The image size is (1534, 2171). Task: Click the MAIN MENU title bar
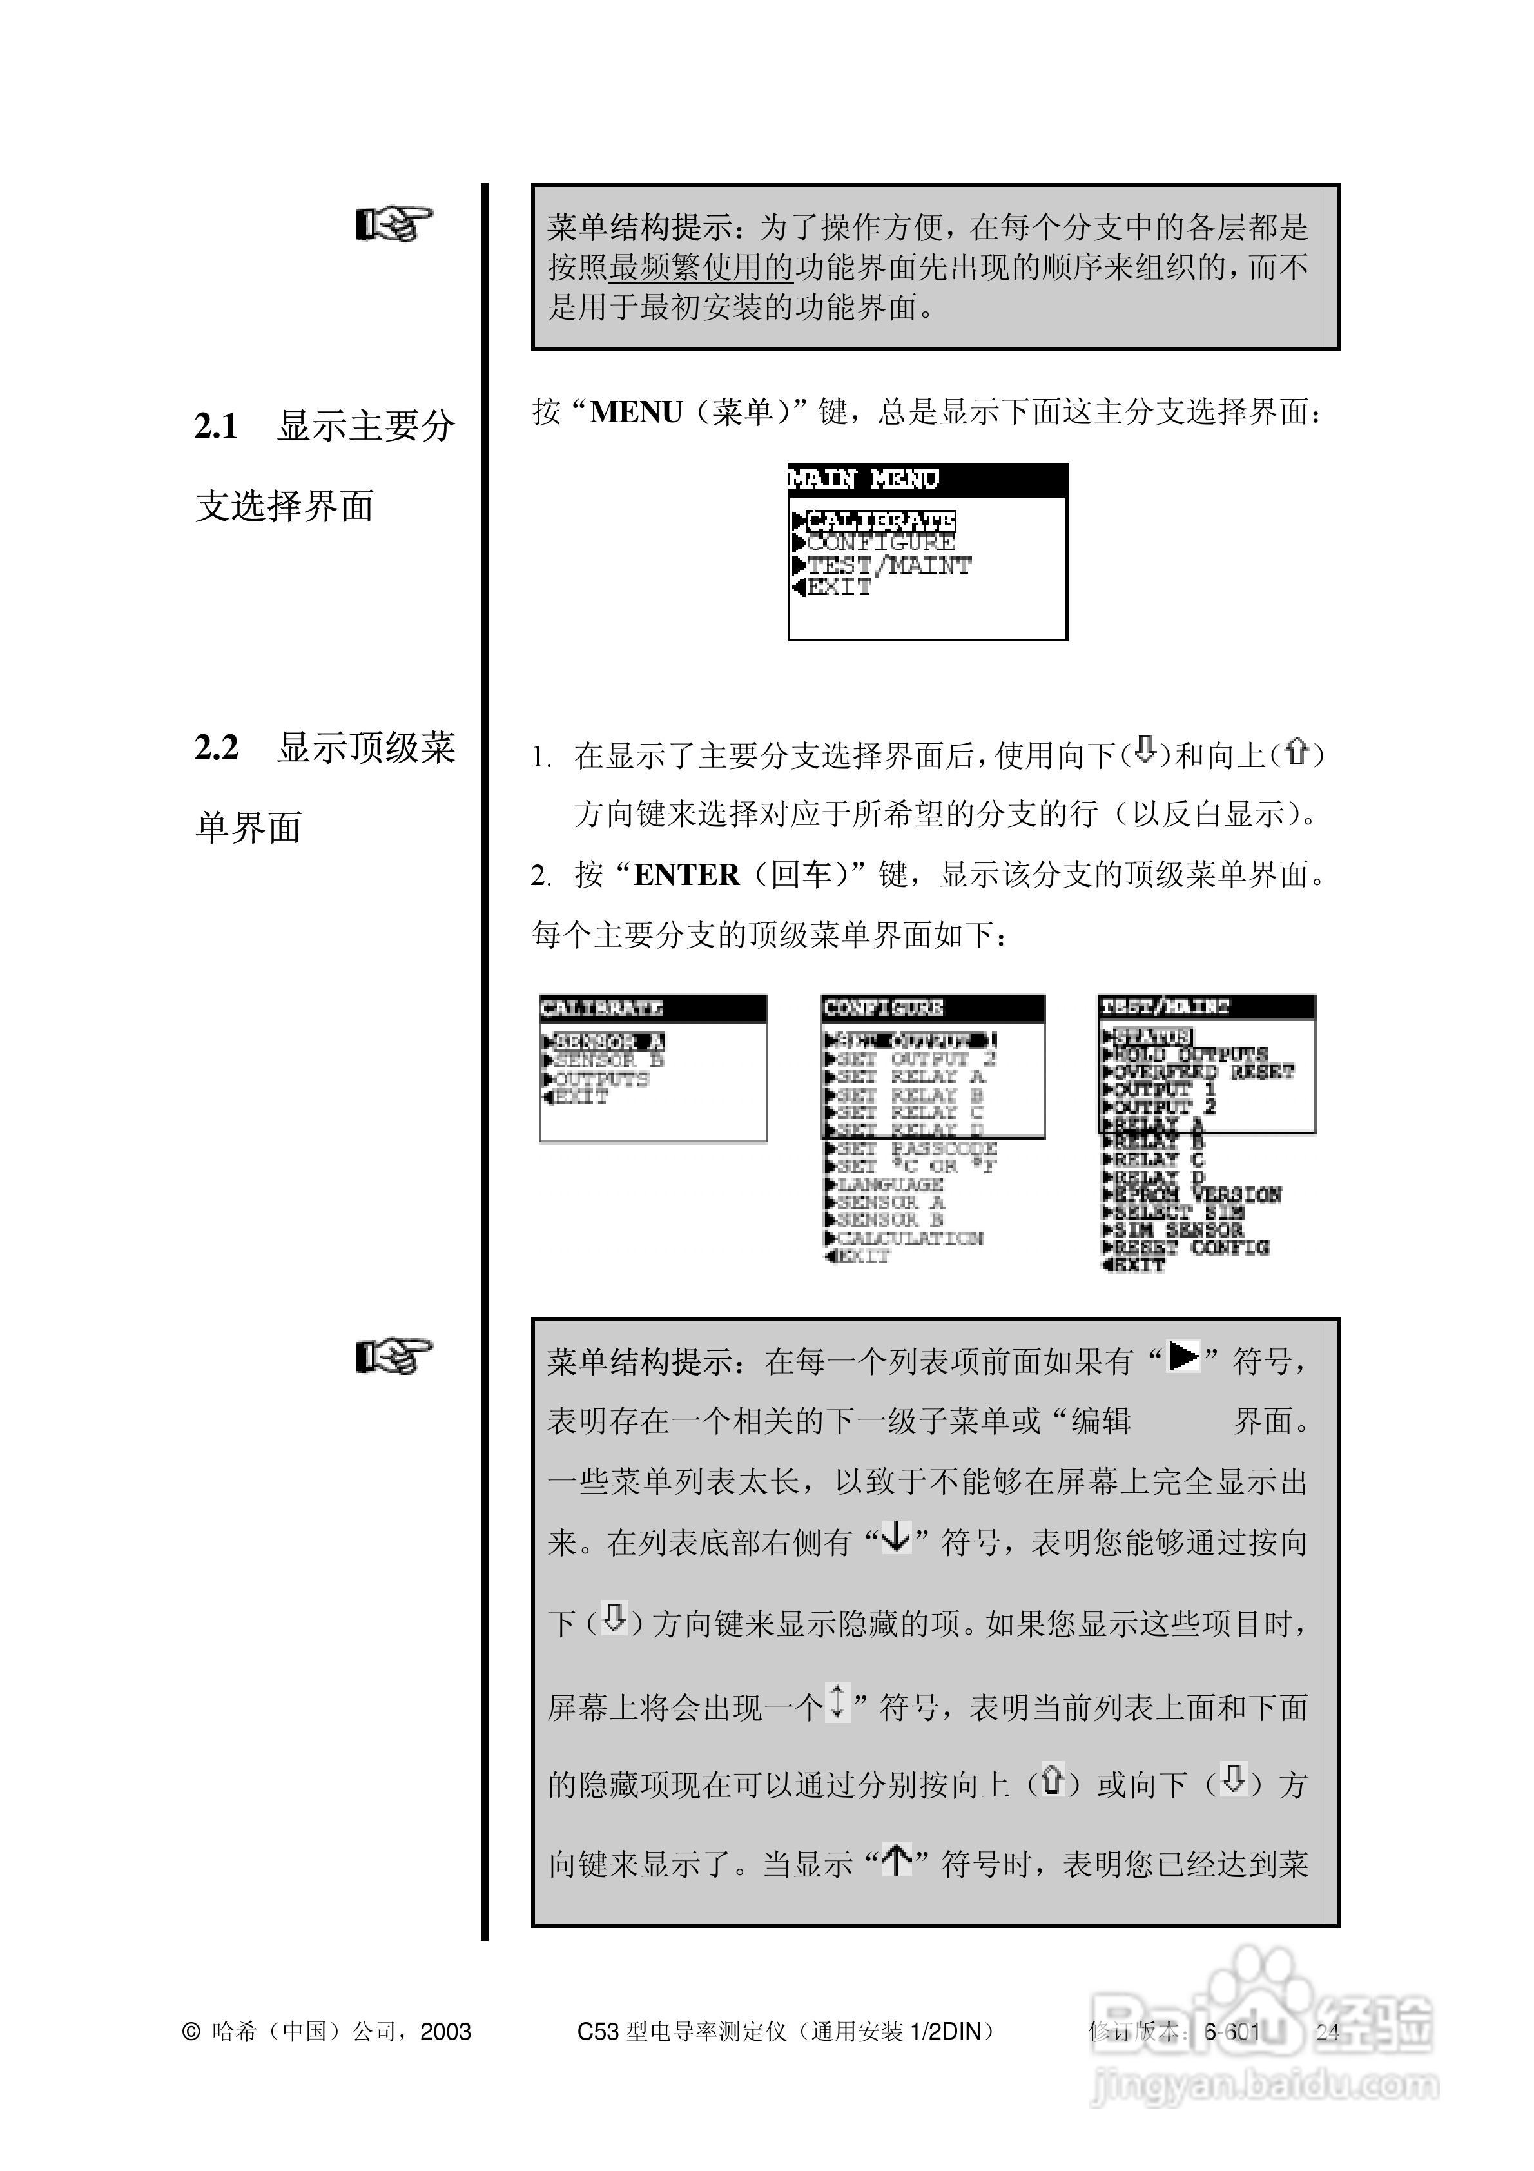[927, 480]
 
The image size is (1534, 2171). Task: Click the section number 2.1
[217, 427]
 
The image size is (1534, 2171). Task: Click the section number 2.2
[217, 748]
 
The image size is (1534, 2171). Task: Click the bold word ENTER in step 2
[686, 875]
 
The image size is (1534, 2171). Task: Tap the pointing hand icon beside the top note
[393, 225]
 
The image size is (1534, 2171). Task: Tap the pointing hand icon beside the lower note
[393, 1356]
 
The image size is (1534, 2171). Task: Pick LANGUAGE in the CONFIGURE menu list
[889, 1185]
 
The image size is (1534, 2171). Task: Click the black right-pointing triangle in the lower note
[1183, 1358]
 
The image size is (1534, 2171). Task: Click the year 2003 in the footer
[445, 2032]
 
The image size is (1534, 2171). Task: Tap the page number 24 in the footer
[1328, 2032]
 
